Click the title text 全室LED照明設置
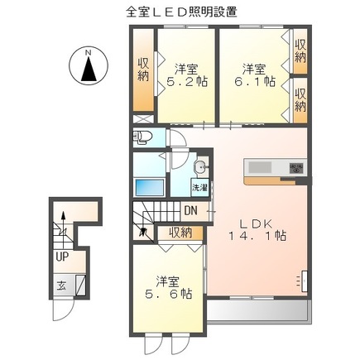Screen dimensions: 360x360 pos(180,12)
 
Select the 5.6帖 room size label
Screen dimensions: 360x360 pos(165,287)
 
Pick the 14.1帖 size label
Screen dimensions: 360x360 pos(257,237)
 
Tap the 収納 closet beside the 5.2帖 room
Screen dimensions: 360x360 pos(143,72)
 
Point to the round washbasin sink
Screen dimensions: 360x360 pos(199,169)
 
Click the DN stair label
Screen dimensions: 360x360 pos(190,211)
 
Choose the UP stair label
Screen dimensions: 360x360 pos(62,257)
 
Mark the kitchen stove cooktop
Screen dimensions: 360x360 pos(295,170)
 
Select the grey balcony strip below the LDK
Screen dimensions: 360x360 pos(257,310)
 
